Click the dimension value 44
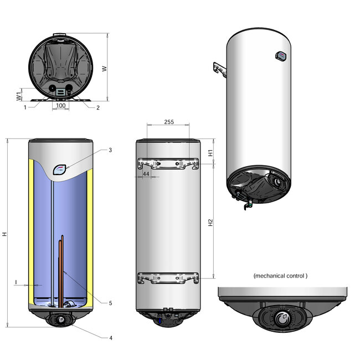pos(146,174)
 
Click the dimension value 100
pos(61,105)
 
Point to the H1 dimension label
pos(210,153)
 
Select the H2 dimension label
pos(210,223)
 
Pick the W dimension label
pos(104,69)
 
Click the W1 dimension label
pos(19,96)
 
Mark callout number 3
pos(110,150)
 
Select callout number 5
pos(110,303)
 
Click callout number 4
pos(110,337)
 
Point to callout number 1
pos(25,107)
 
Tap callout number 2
pos(97,107)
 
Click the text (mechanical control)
pos(280,275)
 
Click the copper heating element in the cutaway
pos(62,266)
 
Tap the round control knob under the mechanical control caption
pos(282,320)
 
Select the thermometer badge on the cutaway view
pos(60,169)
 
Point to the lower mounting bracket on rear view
pos(167,278)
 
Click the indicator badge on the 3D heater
pos(280,55)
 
